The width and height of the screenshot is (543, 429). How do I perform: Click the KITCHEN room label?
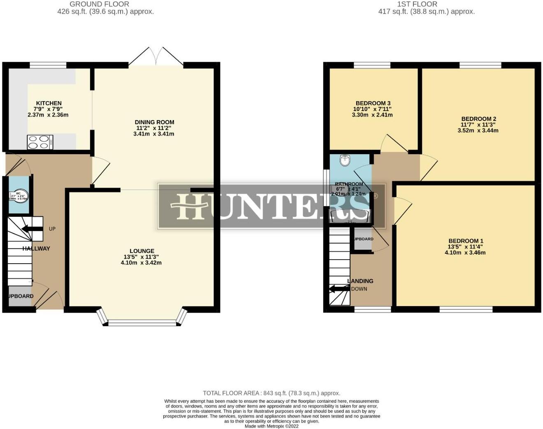[x=49, y=103]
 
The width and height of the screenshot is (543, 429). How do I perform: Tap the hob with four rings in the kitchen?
[x=40, y=142]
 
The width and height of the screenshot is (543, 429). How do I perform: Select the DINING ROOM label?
[x=154, y=122]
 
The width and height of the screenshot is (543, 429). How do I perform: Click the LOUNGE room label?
[x=142, y=251]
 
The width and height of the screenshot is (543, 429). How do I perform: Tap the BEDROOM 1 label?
[x=466, y=241]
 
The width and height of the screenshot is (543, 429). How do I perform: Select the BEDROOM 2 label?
[x=478, y=119]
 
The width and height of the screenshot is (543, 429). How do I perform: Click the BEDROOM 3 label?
[x=373, y=103]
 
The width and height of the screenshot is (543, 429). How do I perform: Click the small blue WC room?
[x=19, y=195]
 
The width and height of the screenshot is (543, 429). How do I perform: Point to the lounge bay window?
[x=142, y=322]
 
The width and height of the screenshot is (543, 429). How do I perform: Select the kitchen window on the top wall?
[x=48, y=65]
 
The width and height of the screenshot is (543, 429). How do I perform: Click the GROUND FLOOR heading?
[x=99, y=4]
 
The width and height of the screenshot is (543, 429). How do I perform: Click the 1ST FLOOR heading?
[x=417, y=4]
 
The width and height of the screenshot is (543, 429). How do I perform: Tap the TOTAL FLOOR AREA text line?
[x=271, y=393]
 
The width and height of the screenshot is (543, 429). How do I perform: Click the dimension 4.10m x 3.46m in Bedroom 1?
[x=465, y=253]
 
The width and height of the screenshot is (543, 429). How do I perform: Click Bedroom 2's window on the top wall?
[x=480, y=65]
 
